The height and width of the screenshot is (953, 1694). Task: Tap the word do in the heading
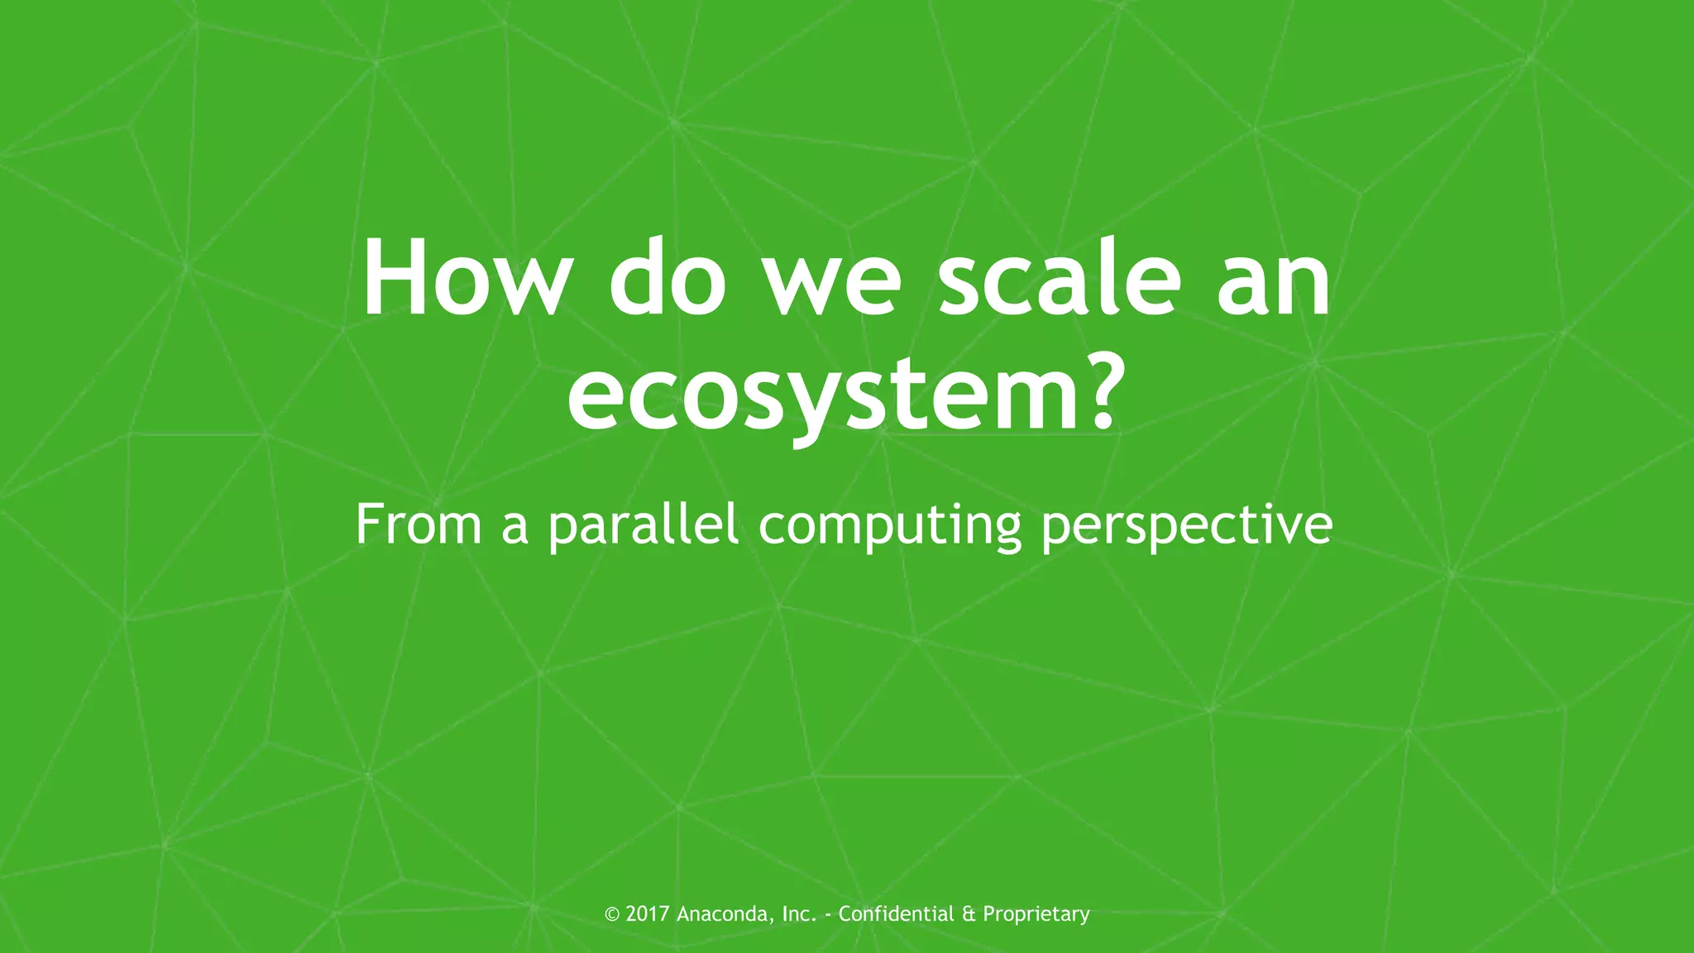tap(667, 278)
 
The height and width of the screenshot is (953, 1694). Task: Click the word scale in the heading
tap(1060, 278)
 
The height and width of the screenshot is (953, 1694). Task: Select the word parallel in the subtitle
tap(643, 526)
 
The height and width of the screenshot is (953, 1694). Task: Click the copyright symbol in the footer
tap(612, 914)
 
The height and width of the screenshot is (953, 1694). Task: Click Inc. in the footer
tap(799, 914)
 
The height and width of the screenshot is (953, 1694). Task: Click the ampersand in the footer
tap(969, 914)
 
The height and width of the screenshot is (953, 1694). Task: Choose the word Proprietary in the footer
tap(1036, 915)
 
